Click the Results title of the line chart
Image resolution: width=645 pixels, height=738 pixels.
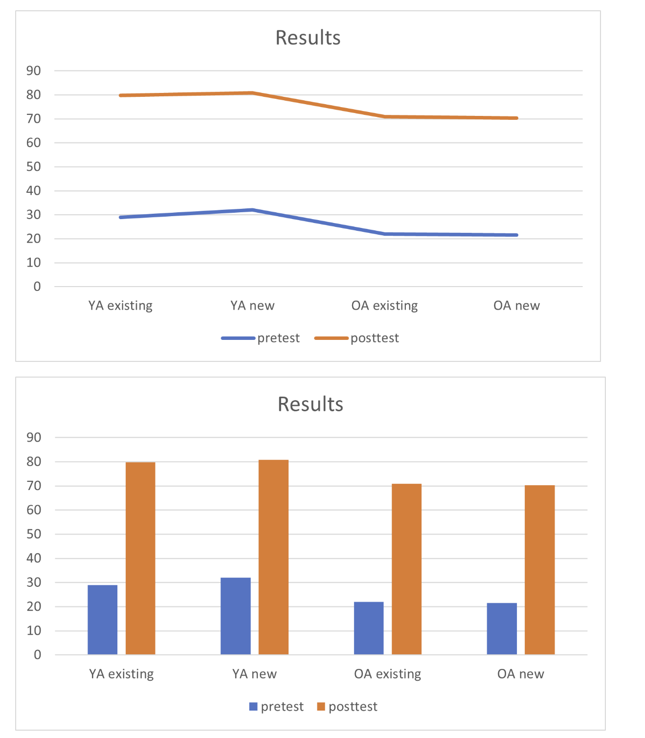click(308, 38)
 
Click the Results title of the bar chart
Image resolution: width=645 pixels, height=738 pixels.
click(310, 404)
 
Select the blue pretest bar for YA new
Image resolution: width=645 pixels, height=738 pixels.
click(235, 616)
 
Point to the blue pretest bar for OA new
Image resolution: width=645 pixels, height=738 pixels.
click(502, 628)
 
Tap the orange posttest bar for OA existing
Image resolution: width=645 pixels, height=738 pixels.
click(406, 569)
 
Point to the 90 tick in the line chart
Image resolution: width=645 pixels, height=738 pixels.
click(34, 71)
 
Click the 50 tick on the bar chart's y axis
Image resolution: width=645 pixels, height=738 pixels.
click(34, 534)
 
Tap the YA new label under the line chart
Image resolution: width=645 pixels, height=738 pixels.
click(252, 306)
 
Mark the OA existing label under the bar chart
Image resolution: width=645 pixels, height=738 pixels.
click(387, 674)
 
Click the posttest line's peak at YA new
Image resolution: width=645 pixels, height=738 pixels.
click(252, 92)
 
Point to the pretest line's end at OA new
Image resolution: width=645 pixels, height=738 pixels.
click(516, 235)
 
